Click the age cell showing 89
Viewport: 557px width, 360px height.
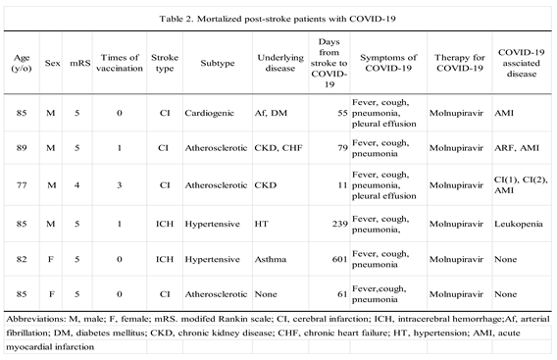(x=23, y=148)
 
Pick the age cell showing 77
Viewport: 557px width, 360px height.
(x=23, y=182)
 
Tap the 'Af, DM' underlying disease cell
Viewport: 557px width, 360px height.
(x=271, y=115)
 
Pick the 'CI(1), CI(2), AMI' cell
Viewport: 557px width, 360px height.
(x=523, y=182)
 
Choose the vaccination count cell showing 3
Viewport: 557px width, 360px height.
(x=119, y=182)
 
